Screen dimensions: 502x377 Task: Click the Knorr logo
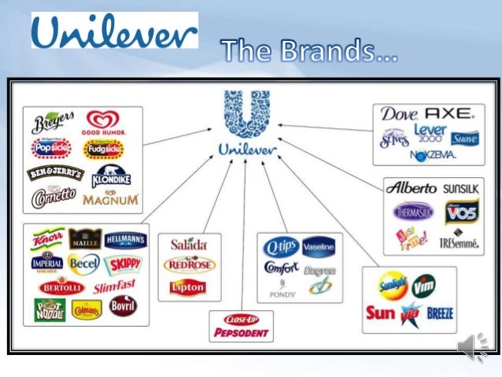pyautogui.click(x=46, y=238)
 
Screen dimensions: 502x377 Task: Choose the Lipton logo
pyautogui.click(x=189, y=288)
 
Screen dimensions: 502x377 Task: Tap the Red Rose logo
pyautogui.click(x=189, y=265)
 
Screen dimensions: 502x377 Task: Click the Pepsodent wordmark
pyautogui.click(x=242, y=333)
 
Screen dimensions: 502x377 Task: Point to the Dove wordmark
pyautogui.click(x=399, y=114)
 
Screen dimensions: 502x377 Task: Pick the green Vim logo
pyautogui.click(x=424, y=284)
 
